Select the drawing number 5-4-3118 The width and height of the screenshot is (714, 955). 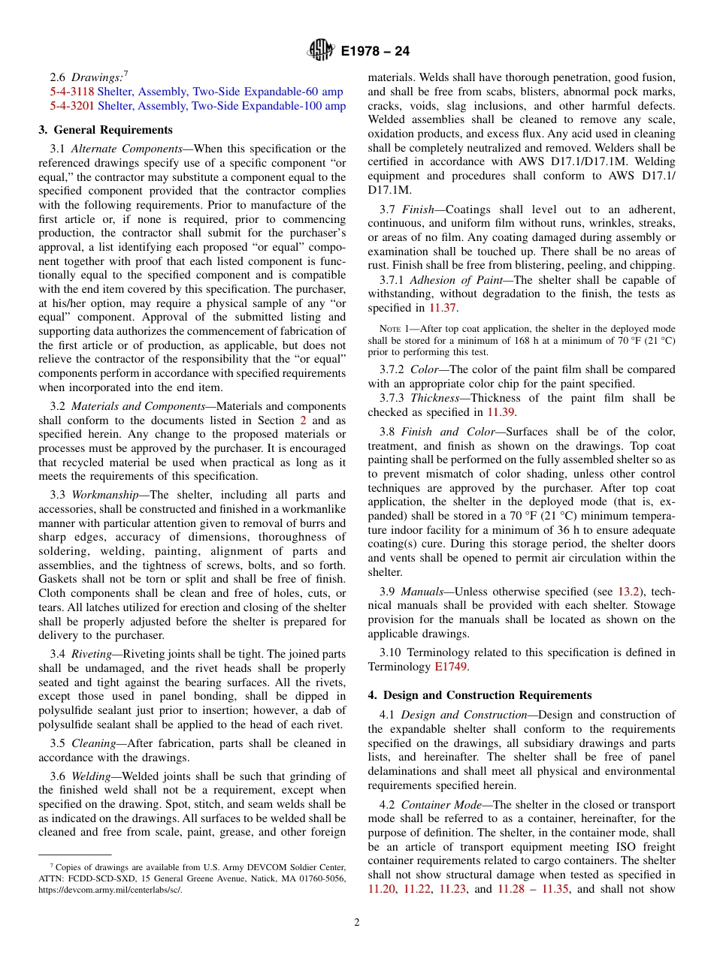[x=66, y=92]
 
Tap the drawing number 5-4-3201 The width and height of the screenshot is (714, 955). [x=66, y=106]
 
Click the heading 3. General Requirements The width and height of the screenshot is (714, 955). [x=105, y=130]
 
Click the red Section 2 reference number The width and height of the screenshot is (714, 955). [x=303, y=420]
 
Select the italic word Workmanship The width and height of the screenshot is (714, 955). [x=104, y=495]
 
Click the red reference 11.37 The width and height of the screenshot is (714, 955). [x=441, y=308]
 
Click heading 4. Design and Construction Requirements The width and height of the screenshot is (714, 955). [x=480, y=695]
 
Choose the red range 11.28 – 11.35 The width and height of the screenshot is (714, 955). [x=533, y=889]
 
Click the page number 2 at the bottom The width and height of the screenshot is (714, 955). [x=357, y=923]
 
